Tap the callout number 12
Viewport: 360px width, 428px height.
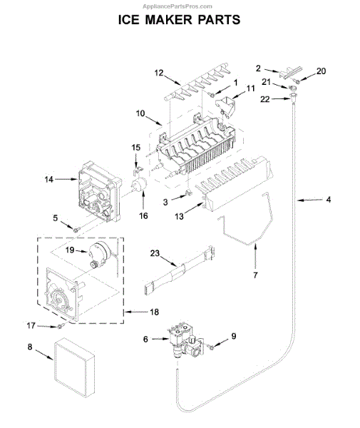click(159, 73)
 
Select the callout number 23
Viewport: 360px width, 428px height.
click(155, 253)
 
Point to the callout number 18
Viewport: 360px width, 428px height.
click(155, 312)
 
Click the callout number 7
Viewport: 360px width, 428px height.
click(255, 275)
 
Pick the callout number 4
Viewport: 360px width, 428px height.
click(329, 200)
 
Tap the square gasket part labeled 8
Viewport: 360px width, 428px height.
click(74, 367)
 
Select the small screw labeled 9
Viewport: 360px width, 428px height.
click(211, 347)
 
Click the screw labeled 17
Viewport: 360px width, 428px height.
click(60, 326)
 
